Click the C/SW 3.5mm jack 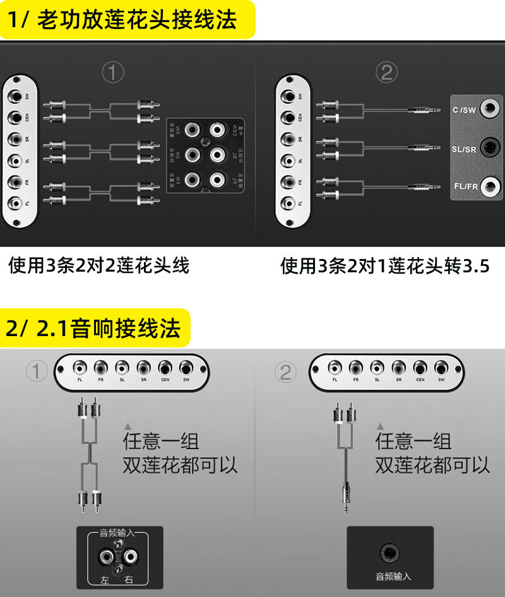coord(487,109)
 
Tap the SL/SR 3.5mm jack coord(487,148)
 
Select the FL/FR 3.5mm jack coord(487,187)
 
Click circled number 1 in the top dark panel coord(113,73)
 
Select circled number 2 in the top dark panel coord(386,73)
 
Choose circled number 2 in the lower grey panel coord(285,372)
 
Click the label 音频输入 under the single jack coord(393,576)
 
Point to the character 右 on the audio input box coord(129,579)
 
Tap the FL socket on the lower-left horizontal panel coord(80,368)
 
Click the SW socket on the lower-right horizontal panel coord(441,368)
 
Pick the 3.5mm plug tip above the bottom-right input coord(345,505)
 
